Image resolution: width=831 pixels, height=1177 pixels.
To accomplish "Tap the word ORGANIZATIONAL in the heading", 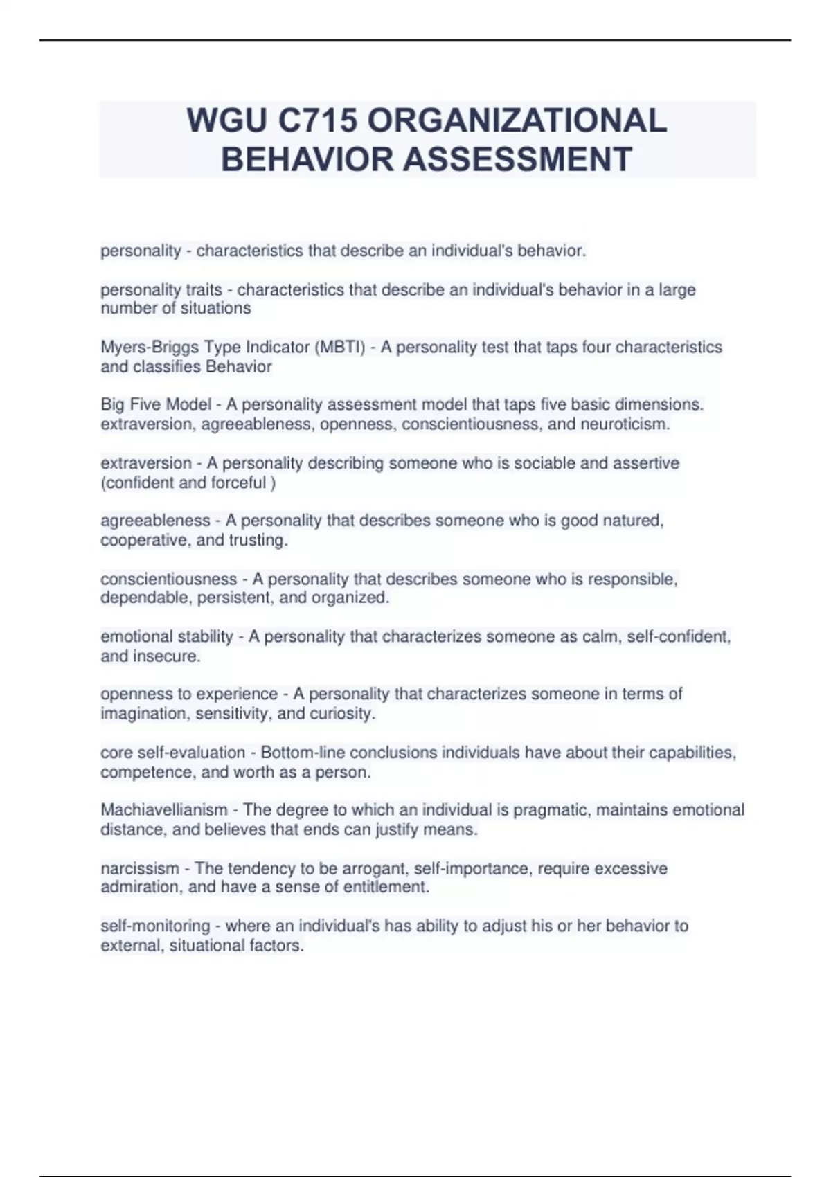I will (x=517, y=121).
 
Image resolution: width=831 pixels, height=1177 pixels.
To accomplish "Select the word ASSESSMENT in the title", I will (x=517, y=159).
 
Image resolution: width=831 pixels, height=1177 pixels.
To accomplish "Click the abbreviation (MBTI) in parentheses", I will (x=340, y=347).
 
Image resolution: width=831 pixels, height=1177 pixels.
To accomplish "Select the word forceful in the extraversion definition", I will (x=239, y=483).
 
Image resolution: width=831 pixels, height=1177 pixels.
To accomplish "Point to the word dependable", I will (x=146, y=598).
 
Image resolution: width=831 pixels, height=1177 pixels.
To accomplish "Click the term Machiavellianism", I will (x=164, y=810).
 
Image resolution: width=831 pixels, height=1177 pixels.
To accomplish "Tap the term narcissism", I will (x=140, y=868).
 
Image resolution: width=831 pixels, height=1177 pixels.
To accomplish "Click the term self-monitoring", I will (x=155, y=926).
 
